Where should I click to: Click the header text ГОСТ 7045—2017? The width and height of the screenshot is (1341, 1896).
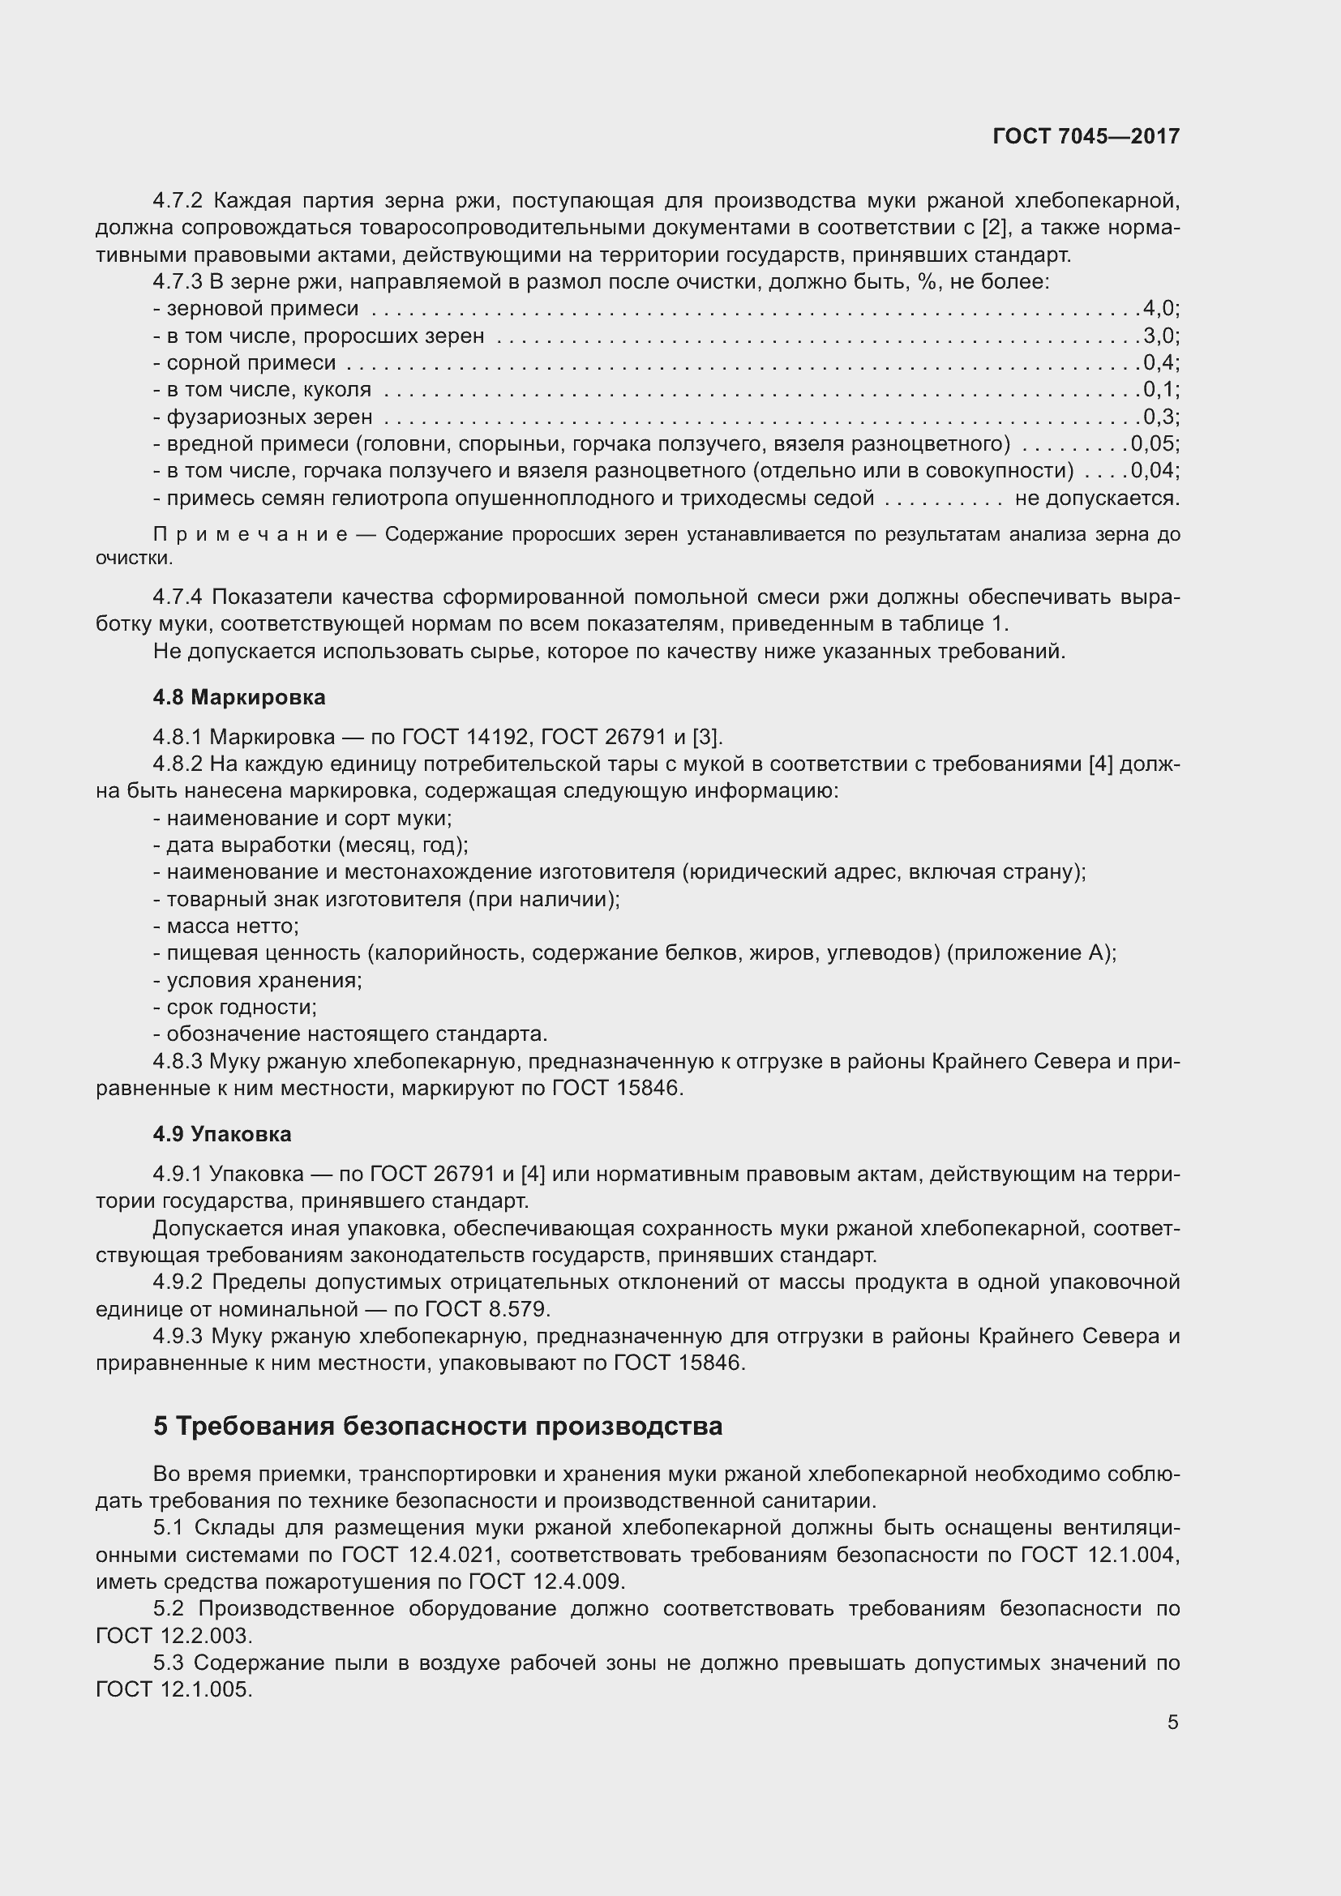[1086, 136]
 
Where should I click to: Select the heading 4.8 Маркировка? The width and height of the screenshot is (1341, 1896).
[238, 697]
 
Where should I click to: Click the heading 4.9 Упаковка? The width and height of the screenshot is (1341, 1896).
[222, 1134]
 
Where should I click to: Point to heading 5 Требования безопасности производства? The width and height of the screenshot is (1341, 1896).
[438, 1426]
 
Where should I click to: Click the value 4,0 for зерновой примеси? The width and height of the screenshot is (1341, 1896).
[1159, 309]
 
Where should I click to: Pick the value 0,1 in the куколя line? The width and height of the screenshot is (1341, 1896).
[1159, 390]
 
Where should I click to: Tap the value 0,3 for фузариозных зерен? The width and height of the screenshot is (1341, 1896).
[1159, 417]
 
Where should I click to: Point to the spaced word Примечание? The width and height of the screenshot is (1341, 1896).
[251, 535]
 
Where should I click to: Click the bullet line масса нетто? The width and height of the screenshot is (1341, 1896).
[226, 927]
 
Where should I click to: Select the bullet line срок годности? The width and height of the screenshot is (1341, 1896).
[235, 1008]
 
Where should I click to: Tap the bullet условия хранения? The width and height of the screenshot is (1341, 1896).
[258, 980]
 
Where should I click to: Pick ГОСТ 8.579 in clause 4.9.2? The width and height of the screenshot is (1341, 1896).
[486, 1309]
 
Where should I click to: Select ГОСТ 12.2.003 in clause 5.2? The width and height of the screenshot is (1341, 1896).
[174, 1636]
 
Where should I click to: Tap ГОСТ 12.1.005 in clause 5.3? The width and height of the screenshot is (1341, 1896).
[174, 1689]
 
